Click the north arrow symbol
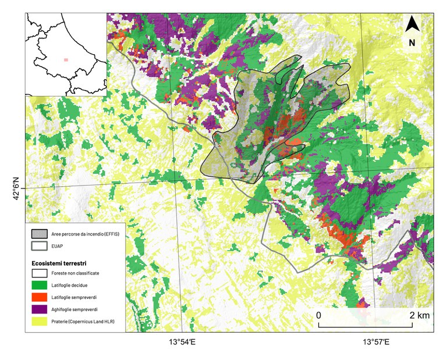pyautogui.click(x=412, y=24)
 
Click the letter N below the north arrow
pyautogui.click(x=412, y=42)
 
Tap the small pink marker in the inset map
pyautogui.click(x=66, y=59)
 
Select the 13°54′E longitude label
pyautogui.click(x=182, y=343)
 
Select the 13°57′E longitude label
pyautogui.click(x=377, y=343)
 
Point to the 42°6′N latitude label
pyautogui.click(x=16, y=188)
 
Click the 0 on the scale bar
pyautogui.click(x=318, y=315)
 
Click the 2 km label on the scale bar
pyautogui.click(x=420, y=315)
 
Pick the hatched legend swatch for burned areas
pyautogui.click(x=40, y=234)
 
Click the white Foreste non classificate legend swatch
pyautogui.click(x=40, y=271)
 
